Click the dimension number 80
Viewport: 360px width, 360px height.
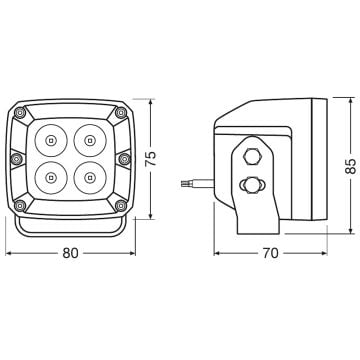click(x=70, y=253)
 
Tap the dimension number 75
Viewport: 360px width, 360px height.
click(x=150, y=159)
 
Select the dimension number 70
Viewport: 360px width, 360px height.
click(x=270, y=253)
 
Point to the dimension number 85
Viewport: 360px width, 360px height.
click(x=351, y=166)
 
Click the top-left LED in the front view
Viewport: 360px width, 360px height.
click(x=51, y=140)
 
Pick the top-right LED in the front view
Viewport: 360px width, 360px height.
click(x=89, y=140)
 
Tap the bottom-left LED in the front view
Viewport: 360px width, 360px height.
click(x=51, y=178)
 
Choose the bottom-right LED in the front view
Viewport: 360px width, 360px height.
click(x=89, y=178)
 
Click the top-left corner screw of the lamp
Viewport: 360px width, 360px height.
click(x=20, y=113)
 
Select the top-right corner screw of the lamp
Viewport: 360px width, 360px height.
click(x=121, y=113)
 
